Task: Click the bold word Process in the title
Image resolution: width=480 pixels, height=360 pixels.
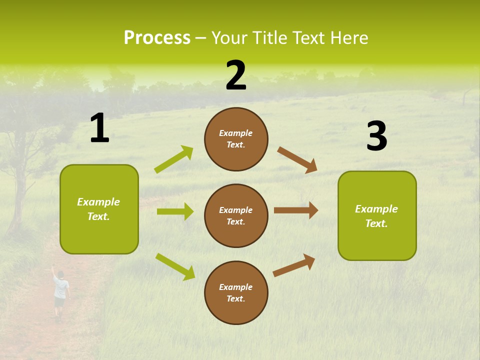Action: coord(157,38)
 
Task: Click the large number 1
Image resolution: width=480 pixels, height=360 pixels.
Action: coord(99,128)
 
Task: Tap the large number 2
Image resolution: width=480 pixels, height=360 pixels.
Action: coord(236,75)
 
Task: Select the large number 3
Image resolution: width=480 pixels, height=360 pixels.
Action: coord(376,136)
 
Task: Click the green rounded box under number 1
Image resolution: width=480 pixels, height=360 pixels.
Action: coord(99,209)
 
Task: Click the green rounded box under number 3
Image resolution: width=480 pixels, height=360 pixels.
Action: coord(377,215)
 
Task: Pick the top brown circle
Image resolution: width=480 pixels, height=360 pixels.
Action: coord(236,139)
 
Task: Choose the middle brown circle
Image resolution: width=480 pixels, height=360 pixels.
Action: coord(236,215)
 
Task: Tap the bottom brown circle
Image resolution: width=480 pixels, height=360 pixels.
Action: coord(236,292)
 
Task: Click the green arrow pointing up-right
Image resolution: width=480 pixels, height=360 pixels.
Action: coord(174,159)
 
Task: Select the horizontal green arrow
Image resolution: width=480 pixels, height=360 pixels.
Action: coord(175,211)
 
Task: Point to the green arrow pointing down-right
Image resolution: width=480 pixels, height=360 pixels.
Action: coord(175,266)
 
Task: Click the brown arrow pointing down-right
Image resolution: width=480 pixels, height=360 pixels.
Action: coord(297,160)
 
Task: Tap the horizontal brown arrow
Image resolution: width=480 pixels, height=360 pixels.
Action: coord(296,210)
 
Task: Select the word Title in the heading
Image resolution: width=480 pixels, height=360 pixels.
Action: coord(270,38)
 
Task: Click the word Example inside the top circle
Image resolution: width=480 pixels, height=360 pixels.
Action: coord(236,133)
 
